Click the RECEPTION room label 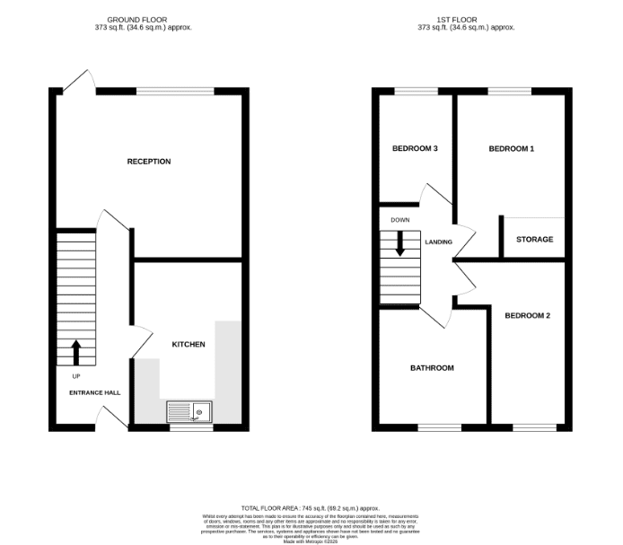149,162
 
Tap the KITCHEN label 189,345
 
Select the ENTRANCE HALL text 95,392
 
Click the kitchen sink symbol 189,412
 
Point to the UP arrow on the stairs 75,351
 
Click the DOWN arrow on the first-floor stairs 400,243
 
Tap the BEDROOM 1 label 511,149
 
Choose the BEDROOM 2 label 527,315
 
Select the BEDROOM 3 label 415,149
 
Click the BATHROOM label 432,368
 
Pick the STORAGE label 534,240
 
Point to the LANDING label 438,242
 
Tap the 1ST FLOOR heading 466,19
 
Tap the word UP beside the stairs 75,376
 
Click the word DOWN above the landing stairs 399,220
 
